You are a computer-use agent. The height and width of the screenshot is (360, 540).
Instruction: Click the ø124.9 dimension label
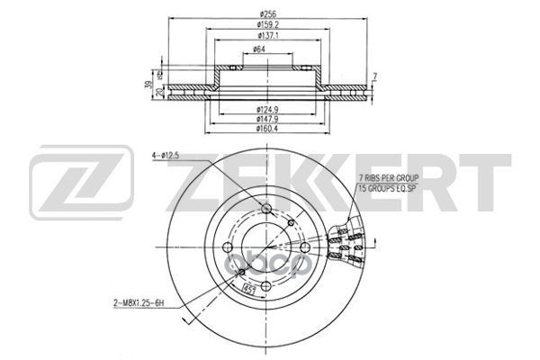[266, 110]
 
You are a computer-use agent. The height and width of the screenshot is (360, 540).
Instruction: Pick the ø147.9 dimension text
[266, 119]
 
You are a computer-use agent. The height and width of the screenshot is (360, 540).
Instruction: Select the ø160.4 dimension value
[266, 129]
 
